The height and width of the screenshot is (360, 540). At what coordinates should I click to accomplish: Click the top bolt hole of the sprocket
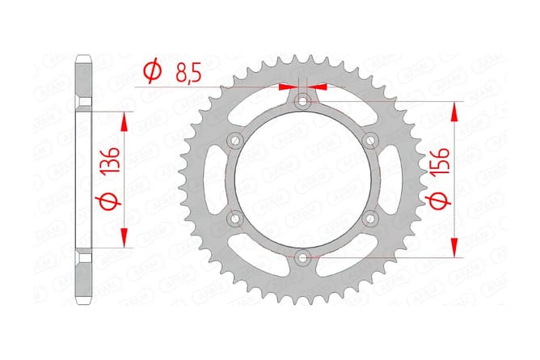(302, 101)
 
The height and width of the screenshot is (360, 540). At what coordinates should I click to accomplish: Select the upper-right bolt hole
(371, 141)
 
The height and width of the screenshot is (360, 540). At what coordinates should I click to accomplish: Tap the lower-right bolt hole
(371, 218)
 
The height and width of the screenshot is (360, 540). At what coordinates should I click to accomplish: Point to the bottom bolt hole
(302, 258)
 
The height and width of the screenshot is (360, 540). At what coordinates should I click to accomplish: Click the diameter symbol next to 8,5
(150, 74)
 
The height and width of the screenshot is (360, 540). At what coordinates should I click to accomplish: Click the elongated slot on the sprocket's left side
(212, 180)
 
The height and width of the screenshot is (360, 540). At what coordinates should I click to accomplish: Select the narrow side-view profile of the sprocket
(84, 180)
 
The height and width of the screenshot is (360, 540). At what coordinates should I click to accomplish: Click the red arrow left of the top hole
(287, 85)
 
